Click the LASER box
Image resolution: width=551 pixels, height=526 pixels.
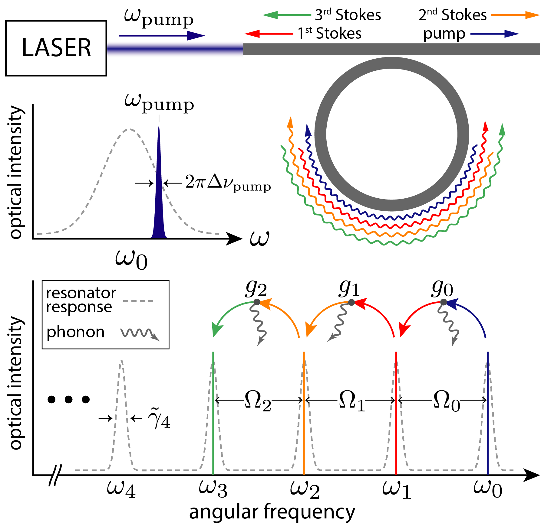coord(56,48)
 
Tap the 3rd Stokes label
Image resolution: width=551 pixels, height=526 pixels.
coord(348,15)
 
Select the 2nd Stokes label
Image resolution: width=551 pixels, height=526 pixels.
coord(452,15)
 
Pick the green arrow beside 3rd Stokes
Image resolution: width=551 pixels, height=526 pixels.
coord(286,15)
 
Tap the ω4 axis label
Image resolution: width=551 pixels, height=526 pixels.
coord(121,489)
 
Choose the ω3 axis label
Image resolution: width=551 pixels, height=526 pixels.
coord(213,489)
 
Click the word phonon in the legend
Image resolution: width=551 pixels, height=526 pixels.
coord(75,332)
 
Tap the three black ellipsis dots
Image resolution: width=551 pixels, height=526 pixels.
coord(69,400)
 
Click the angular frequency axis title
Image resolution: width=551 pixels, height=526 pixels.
coord(272,512)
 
